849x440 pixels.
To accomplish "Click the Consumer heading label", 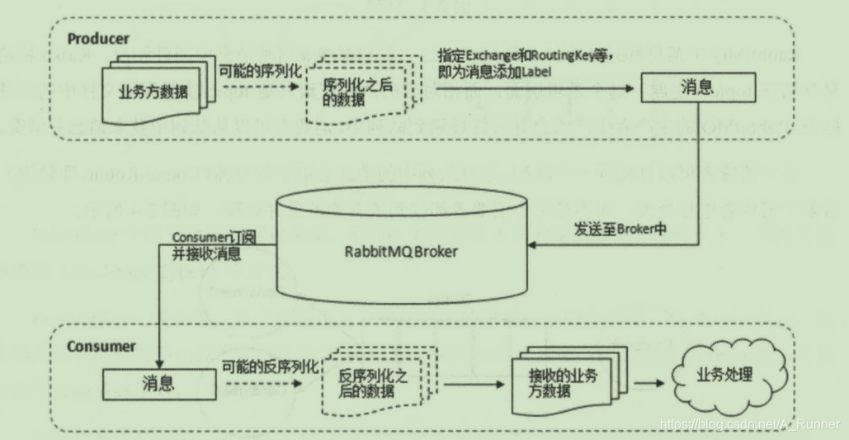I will coord(101,346).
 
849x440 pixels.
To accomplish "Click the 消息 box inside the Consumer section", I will coord(157,382).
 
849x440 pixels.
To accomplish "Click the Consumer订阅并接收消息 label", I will coord(213,246).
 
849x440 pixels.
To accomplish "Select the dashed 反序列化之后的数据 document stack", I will coord(376,382).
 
